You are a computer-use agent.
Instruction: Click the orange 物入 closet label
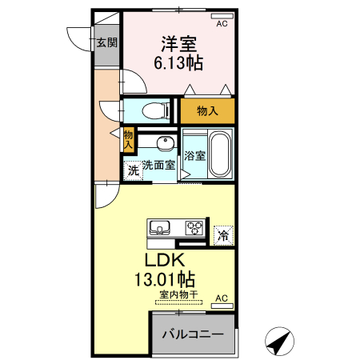pyautogui.click(x=207, y=111)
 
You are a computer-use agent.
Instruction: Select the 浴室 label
pyautogui.click(x=195, y=154)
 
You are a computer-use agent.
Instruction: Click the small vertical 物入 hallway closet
pyautogui.click(x=128, y=139)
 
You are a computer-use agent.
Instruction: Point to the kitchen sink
pyautogui.click(x=160, y=226)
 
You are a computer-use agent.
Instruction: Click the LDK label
pyautogui.click(x=165, y=261)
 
